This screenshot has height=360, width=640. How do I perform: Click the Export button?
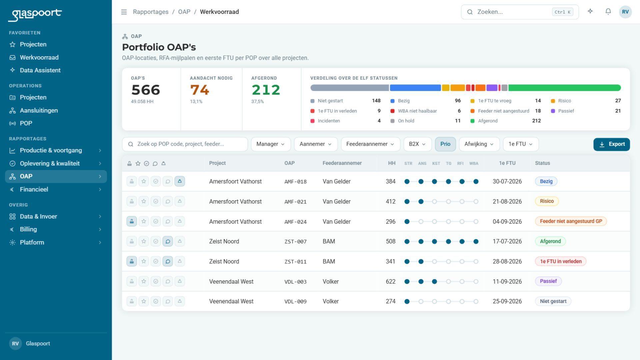611,144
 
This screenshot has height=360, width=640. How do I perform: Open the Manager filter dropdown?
270,144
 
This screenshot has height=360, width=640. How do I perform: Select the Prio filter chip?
445,144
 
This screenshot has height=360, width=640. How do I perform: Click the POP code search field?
185,144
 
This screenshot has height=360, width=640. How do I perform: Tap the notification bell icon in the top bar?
608,12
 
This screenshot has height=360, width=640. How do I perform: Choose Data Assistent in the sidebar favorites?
40,70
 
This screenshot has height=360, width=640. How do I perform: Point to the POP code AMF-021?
295,202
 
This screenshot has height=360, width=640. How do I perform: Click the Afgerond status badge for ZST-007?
550,241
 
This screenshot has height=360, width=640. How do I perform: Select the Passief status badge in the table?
548,281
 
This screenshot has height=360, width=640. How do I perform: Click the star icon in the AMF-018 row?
144,181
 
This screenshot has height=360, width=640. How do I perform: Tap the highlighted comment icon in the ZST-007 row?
168,241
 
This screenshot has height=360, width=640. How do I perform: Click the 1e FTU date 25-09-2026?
507,301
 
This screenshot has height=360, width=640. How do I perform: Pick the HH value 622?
391,281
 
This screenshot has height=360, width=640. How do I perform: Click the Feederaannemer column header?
342,163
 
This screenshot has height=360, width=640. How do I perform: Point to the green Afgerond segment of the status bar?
564,88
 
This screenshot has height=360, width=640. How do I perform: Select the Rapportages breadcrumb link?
151,12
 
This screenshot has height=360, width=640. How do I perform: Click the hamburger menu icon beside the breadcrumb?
124,12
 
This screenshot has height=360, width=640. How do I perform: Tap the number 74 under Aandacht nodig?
199,90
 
